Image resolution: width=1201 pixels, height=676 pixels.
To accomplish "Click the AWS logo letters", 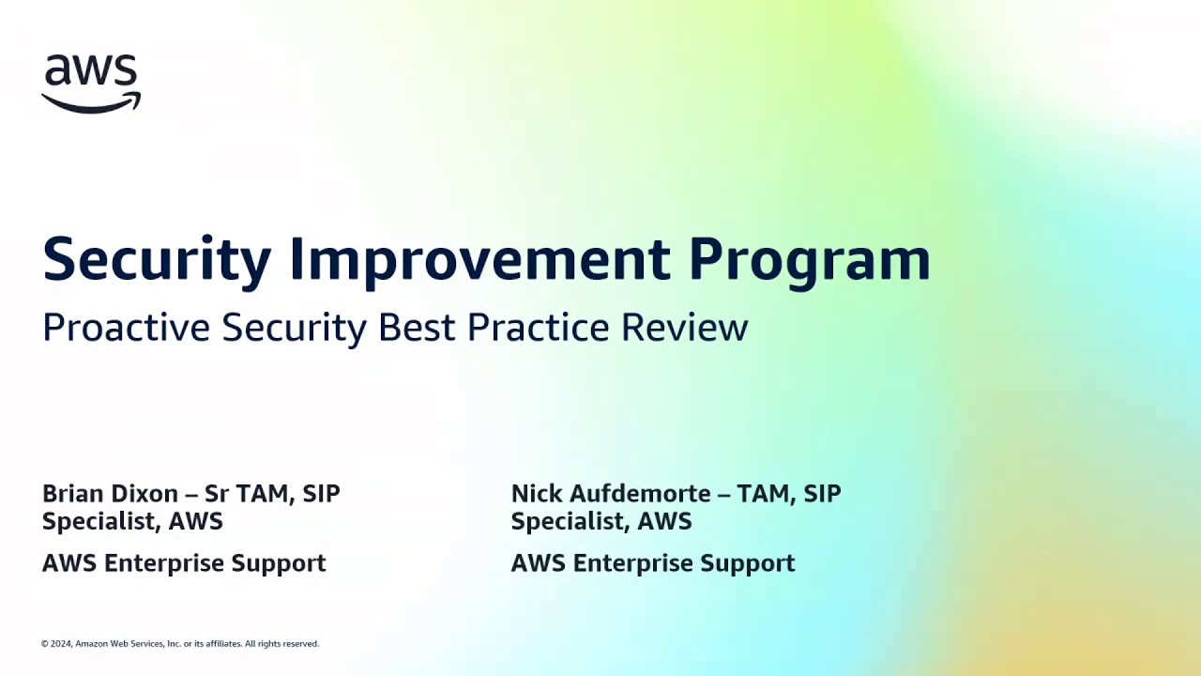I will pos(91,71).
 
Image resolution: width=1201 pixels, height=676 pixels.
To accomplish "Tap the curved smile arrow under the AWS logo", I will pos(90,104).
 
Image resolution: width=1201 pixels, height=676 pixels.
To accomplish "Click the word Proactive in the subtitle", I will pos(126,328).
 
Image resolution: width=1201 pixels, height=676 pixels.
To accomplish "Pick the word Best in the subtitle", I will pos(418,328).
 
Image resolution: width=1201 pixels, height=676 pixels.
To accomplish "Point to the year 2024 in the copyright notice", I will pos(61,644).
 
